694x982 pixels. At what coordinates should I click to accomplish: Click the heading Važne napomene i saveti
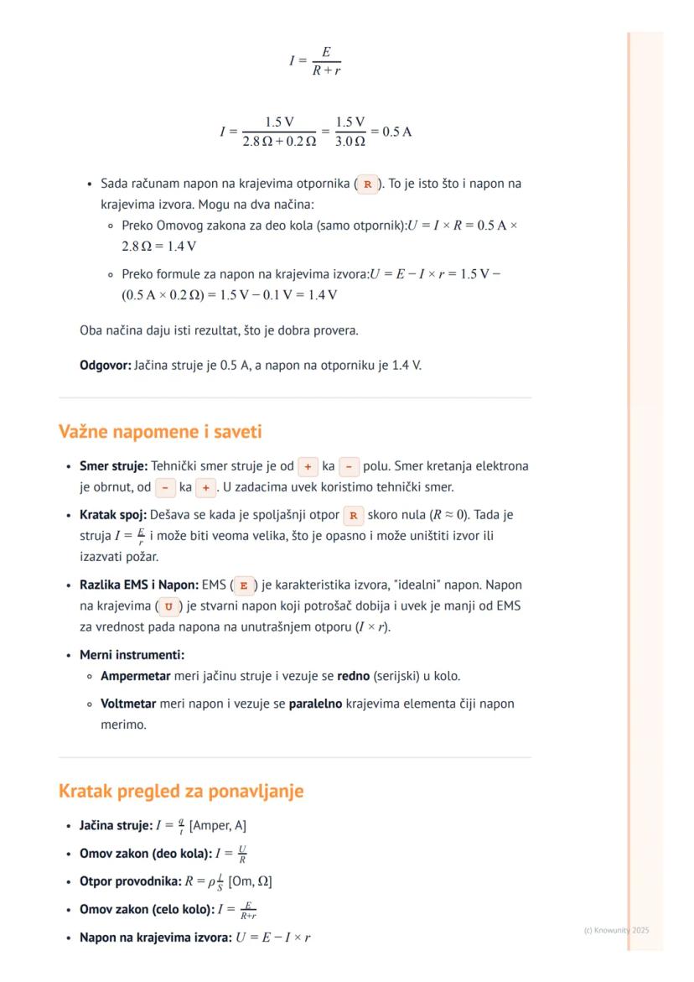coord(160,432)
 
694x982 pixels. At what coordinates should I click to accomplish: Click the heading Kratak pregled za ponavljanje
coord(180,791)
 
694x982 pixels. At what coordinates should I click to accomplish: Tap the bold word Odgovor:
coord(105,365)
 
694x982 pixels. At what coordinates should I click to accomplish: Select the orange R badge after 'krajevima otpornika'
coord(367,184)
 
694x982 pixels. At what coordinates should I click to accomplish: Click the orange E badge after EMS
coord(244,585)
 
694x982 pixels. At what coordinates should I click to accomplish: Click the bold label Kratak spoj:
coord(113,515)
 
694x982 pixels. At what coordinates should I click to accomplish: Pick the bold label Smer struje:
coord(113,465)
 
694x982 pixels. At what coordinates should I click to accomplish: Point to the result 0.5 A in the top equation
coord(396,132)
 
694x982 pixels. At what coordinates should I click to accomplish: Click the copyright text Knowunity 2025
coord(616,930)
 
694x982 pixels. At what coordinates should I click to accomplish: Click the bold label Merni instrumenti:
coord(132,655)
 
